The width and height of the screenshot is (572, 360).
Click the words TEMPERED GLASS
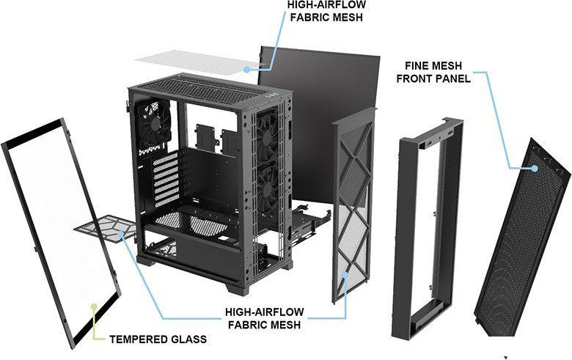[157, 339]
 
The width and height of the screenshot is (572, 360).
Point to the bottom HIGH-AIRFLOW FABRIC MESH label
[263, 319]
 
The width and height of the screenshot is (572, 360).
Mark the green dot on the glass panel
[93, 304]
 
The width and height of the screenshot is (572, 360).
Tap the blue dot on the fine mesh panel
[535, 168]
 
